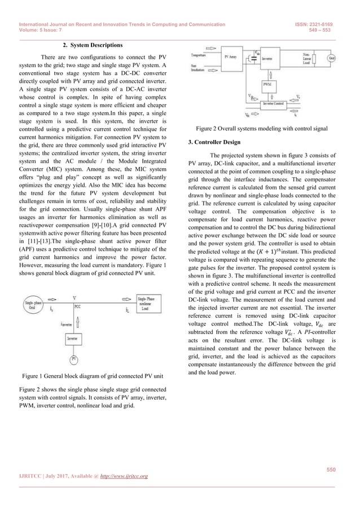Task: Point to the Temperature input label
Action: coord(202,55)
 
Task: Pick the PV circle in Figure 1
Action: coord(73,359)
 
